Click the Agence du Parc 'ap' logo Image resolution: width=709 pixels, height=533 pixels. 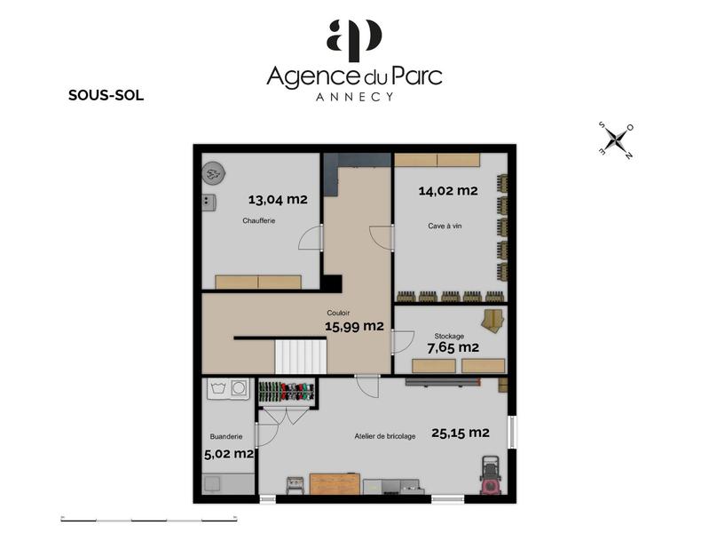tap(354, 37)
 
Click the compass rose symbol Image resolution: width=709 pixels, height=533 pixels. tap(614, 140)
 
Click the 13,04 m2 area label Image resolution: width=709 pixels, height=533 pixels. tap(277, 200)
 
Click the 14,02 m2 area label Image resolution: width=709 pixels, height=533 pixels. tap(447, 191)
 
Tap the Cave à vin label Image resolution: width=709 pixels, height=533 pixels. tap(445, 227)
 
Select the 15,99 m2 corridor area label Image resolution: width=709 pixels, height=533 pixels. tap(354, 326)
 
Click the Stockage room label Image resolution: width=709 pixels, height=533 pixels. tap(449, 336)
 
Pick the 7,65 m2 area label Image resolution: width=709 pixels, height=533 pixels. tap(453, 347)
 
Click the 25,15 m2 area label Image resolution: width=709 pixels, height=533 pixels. tap(460, 434)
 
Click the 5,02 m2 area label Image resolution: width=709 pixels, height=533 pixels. tap(230, 454)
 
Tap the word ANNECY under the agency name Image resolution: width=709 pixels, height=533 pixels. tap(354, 97)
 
